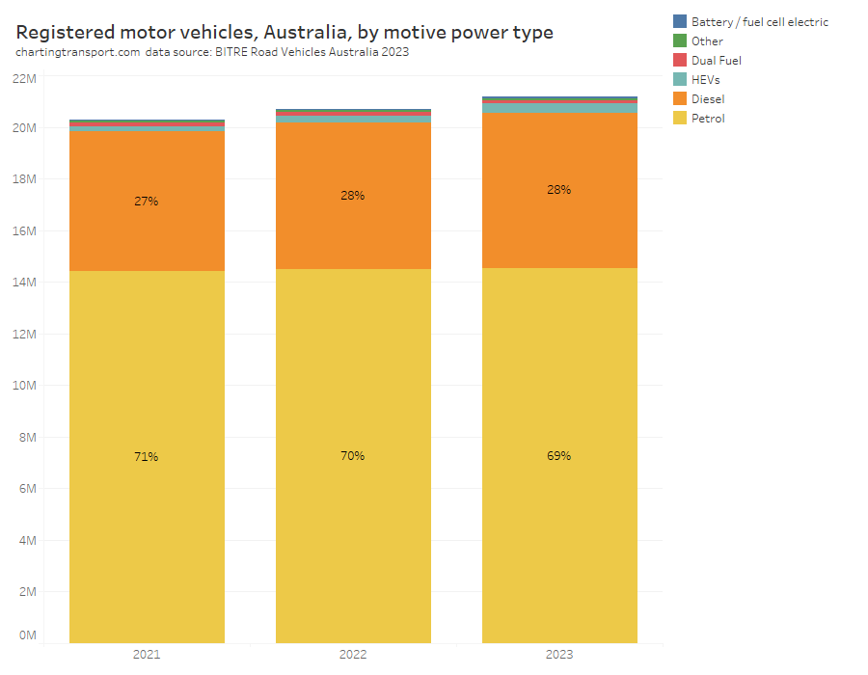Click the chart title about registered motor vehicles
(285, 32)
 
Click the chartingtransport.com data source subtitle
(212, 53)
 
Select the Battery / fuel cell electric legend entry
(759, 21)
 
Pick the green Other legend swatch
(680, 40)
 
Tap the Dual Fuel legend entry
(716, 60)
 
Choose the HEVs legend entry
(705, 79)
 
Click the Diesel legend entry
(707, 98)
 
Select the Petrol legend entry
(707, 118)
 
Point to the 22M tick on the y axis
(24, 76)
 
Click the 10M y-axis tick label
(24, 386)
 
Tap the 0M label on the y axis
(27, 635)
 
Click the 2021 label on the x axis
(147, 655)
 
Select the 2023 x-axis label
(559, 655)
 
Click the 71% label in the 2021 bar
(147, 456)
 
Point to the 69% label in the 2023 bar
(559, 455)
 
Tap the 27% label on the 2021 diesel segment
(147, 202)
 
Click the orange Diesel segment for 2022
(353, 231)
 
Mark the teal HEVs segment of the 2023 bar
(559, 108)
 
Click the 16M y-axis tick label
(24, 230)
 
